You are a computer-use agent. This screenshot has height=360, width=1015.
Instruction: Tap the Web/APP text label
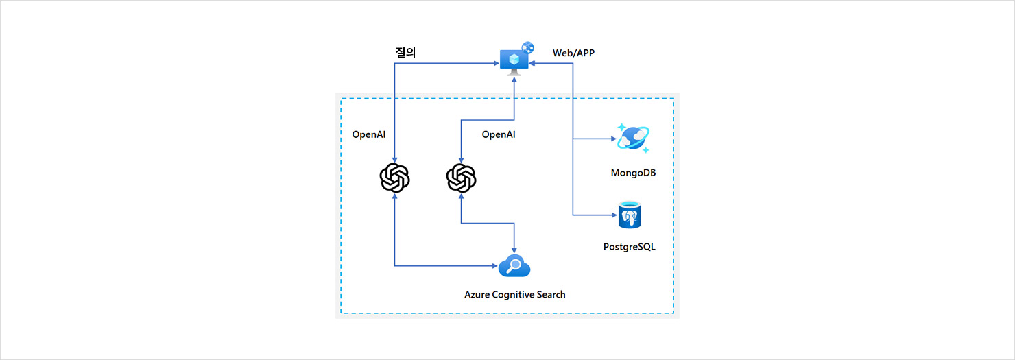(x=573, y=53)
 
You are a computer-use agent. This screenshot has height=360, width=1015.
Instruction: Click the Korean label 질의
(x=406, y=52)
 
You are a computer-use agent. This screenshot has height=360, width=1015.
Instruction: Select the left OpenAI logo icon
(x=395, y=178)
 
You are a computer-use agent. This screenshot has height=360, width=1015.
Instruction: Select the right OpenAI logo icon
(x=461, y=178)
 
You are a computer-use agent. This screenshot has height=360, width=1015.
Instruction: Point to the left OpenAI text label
(x=369, y=134)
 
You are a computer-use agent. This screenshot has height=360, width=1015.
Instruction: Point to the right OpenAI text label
(x=499, y=134)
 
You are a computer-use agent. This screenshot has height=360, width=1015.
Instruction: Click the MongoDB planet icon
(x=633, y=138)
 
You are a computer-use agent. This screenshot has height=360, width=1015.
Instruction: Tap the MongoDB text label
(x=633, y=173)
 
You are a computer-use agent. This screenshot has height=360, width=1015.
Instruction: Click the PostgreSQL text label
(x=629, y=247)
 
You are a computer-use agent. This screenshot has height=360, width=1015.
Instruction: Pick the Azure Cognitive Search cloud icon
(x=514, y=265)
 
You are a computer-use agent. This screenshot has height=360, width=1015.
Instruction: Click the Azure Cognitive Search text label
(x=515, y=294)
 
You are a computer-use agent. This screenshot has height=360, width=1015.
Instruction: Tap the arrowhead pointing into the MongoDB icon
(x=613, y=139)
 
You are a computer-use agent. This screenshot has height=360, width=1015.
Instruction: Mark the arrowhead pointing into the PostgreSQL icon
(x=613, y=215)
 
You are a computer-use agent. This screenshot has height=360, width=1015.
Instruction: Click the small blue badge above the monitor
(x=527, y=47)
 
